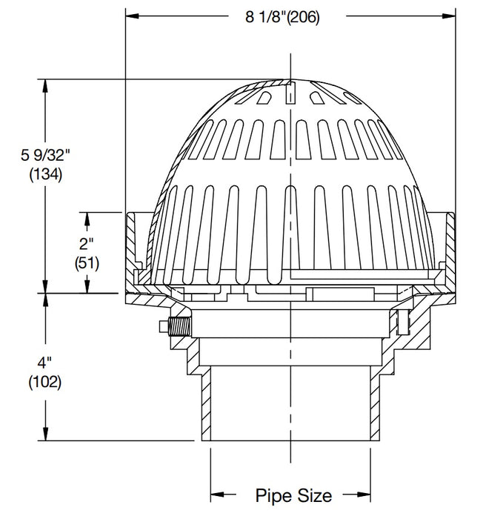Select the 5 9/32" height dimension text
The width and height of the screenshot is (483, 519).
click(x=45, y=156)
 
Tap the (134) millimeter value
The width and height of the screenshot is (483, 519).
click(x=45, y=175)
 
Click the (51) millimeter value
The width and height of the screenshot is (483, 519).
click(x=87, y=262)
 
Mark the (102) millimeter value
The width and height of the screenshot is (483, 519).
click(x=45, y=383)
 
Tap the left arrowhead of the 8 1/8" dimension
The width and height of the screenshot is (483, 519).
click(x=131, y=14)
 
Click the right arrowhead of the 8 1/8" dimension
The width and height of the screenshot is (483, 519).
click(x=449, y=14)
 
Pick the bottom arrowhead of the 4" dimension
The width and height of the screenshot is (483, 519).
click(x=46, y=434)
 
